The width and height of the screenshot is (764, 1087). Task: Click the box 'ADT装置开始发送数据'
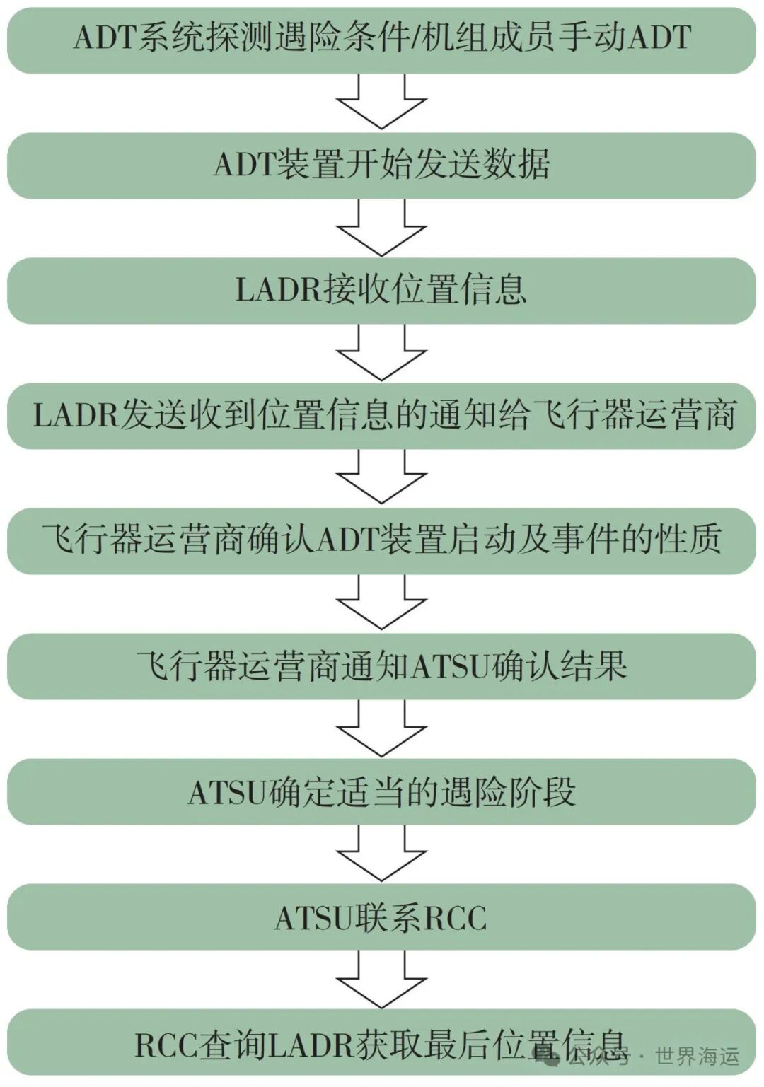tap(381, 165)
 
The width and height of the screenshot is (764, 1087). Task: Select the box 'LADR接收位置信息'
tap(381, 290)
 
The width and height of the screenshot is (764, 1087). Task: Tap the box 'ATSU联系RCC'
tap(381, 917)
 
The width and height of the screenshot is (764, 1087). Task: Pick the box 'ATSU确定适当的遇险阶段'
tap(381, 792)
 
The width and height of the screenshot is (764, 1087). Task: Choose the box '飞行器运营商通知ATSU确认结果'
tap(381, 666)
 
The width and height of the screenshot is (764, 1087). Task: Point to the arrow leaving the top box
tap(381, 102)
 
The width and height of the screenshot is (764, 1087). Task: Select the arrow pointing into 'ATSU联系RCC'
tap(381, 854)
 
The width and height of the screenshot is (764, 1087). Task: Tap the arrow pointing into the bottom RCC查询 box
tap(381, 980)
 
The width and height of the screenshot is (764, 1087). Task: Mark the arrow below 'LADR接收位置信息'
tap(381, 353)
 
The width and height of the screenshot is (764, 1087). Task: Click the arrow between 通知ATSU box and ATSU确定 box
tap(381, 729)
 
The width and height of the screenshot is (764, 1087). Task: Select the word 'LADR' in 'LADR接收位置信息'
tap(279, 291)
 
